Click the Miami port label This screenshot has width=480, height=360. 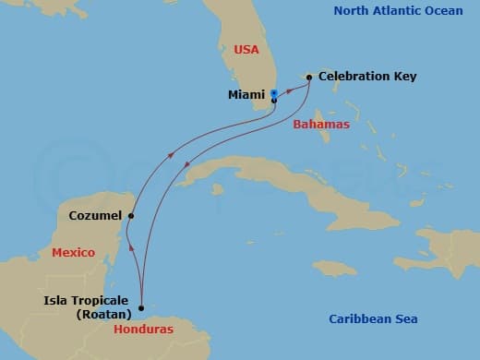click(x=246, y=94)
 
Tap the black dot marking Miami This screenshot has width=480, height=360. click(x=274, y=100)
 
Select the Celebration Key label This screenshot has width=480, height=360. click(x=367, y=77)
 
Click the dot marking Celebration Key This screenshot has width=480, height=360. click(x=309, y=77)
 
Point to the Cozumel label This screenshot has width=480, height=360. click(x=95, y=216)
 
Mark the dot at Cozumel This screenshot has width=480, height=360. click(x=131, y=216)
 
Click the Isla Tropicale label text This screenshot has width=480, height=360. click(x=88, y=300)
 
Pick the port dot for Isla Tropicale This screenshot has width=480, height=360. click(x=140, y=308)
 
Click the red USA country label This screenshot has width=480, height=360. click(x=246, y=49)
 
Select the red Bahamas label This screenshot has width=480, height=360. click(x=320, y=125)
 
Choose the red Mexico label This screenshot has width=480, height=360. click(x=73, y=252)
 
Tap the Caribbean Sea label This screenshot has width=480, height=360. click(x=373, y=319)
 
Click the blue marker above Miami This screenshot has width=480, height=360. click(x=274, y=92)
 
